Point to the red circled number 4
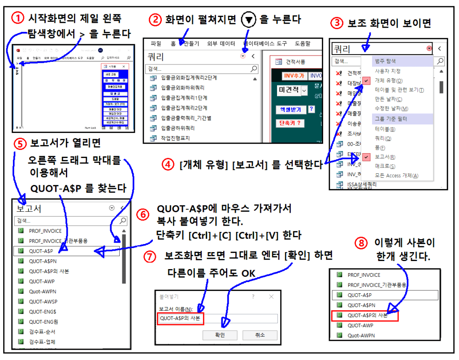pyautogui.click(x=168, y=164)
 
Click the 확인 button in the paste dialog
pyautogui.click(x=220, y=335)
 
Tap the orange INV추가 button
pyautogui.click(x=294, y=76)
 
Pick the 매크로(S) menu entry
pyautogui.click(x=385, y=166)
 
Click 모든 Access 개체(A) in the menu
pyautogui.click(x=396, y=176)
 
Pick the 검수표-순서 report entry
pyautogui.click(x=42, y=332)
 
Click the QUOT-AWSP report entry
pyautogui.click(x=43, y=301)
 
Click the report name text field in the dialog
pyautogui.click(x=240, y=318)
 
